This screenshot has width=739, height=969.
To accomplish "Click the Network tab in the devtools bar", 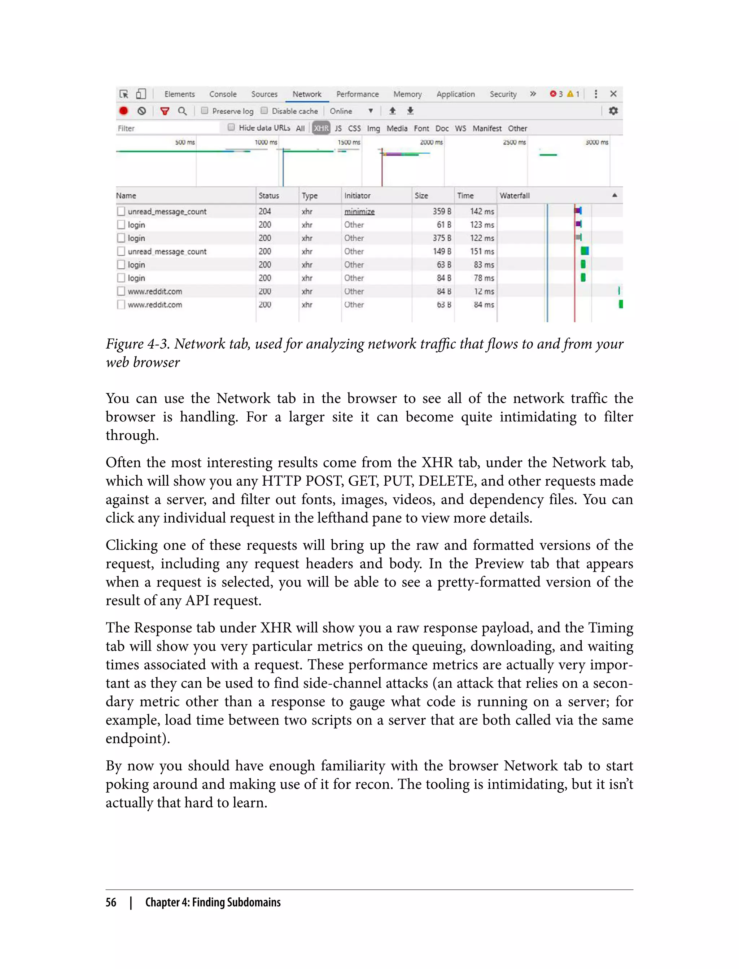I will tap(307, 94).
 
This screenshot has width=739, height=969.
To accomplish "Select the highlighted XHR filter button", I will tap(321, 128).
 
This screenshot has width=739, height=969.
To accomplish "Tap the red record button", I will tap(124, 111).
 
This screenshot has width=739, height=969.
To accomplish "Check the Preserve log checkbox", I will tap(205, 111).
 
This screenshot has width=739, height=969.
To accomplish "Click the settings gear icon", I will tap(613, 111).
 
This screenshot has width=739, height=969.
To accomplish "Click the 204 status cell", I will tap(264, 211).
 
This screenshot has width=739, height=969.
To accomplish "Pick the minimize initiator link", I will tap(359, 212).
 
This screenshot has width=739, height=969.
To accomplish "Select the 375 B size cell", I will tap(441, 238).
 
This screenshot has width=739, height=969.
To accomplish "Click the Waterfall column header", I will tap(514, 195).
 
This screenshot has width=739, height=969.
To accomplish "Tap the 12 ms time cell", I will tap(484, 291).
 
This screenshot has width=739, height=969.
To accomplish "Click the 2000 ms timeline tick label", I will tap(430, 142).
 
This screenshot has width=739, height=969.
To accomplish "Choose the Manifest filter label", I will tap(486, 128).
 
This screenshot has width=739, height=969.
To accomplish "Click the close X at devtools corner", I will tap(613, 94).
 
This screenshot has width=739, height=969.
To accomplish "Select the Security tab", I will tap(503, 94).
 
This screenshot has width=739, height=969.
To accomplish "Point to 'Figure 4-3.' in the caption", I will tap(138, 344).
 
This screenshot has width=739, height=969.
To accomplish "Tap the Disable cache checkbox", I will tap(264, 111).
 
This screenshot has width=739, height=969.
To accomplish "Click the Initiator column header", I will tap(357, 195).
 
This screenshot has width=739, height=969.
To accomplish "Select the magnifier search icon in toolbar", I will tap(182, 111).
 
